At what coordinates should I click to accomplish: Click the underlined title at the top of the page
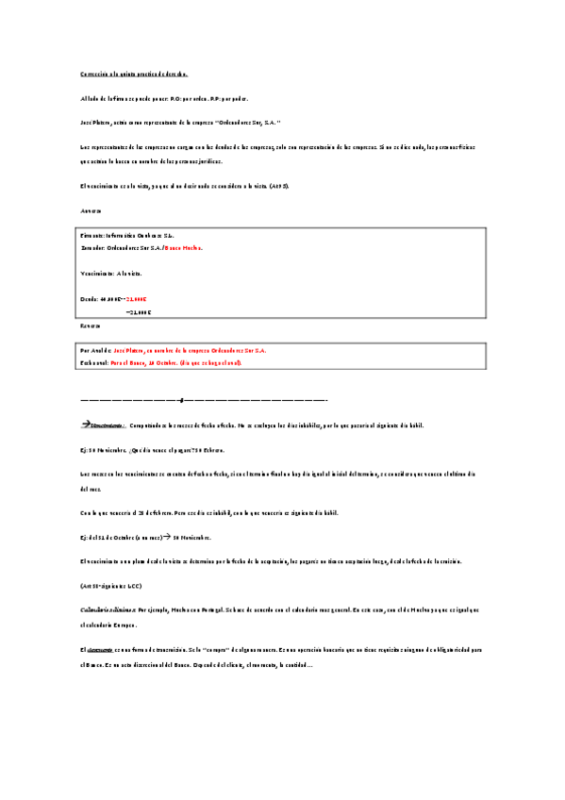(x=134, y=73)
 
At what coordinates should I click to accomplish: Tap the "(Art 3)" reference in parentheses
(x=279, y=186)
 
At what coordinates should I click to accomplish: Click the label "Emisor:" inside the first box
(x=92, y=235)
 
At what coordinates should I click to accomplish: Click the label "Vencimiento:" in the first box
(x=98, y=273)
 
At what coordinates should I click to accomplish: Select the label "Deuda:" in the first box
(x=91, y=298)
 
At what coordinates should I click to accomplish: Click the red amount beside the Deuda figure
(x=138, y=298)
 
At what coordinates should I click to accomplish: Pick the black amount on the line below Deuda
(x=138, y=310)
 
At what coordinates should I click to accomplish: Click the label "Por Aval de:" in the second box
(x=96, y=350)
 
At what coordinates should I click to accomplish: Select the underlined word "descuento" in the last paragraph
(x=102, y=650)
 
